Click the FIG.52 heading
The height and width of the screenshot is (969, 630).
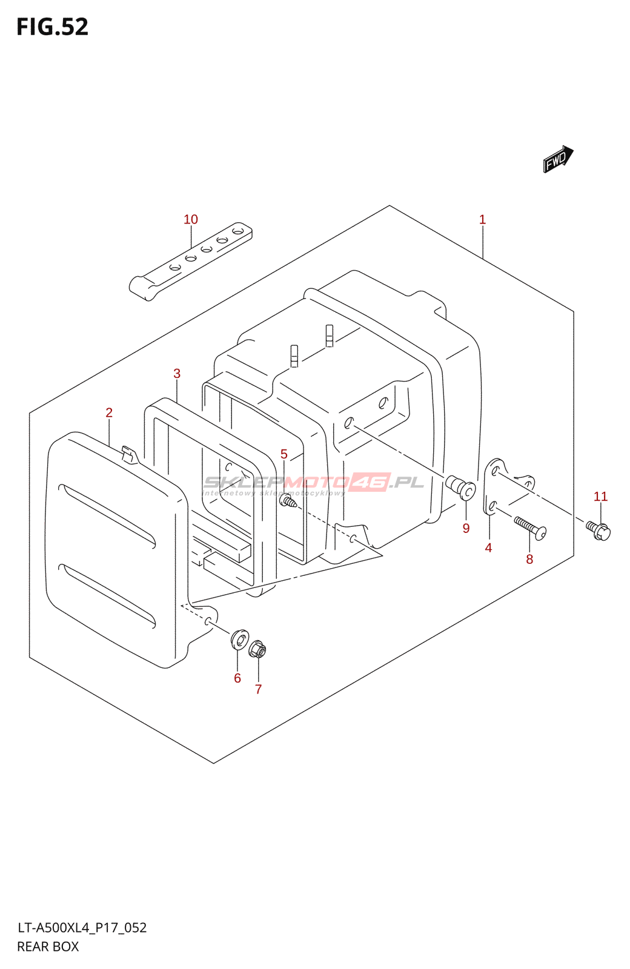(53, 27)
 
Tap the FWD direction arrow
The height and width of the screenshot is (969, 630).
(557, 159)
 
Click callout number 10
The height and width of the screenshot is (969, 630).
(191, 219)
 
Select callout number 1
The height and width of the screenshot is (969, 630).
(482, 219)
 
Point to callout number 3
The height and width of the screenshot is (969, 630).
(177, 373)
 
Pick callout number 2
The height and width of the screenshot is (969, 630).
(109, 412)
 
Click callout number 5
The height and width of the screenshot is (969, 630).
(283, 454)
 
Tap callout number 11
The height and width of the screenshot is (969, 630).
(600, 497)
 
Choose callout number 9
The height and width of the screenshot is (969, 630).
(466, 528)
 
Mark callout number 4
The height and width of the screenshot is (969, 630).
(488, 547)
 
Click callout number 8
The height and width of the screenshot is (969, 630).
(529, 559)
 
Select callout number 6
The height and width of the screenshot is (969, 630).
(237, 678)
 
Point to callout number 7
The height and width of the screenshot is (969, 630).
(258, 689)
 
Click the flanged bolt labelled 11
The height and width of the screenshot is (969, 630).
(598, 531)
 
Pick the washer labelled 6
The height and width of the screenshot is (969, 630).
(240, 638)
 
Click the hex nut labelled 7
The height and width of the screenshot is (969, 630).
(257, 649)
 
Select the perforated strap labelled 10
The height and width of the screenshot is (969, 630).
(191, 260)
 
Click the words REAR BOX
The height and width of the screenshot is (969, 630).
(48, 947)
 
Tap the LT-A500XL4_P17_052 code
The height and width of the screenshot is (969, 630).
(82, 928)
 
